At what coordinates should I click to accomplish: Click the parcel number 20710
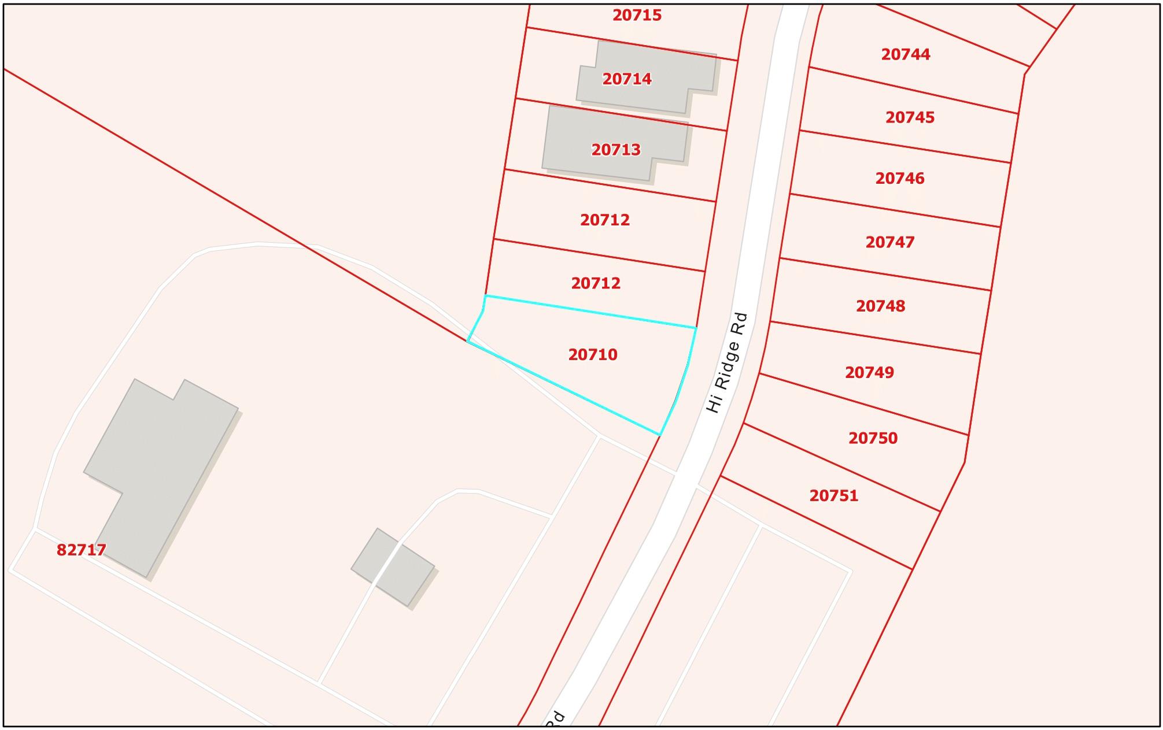(x=593, y=354)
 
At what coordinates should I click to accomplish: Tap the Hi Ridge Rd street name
(x=727, y=363)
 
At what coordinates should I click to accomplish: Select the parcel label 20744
(x=906, y=54)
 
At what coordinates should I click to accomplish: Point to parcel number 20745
(x=910, y=117)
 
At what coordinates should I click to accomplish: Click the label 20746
(x=900, y=178)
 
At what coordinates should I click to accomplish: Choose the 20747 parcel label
(x=890, y=242)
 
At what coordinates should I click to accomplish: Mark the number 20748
(x=880, y=306)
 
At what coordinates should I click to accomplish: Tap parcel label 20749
(x=869, y=372)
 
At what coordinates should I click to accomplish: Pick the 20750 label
(x=873, y=438)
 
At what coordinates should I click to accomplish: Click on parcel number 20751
(x=833, y=495)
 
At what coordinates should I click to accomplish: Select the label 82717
(x=81, y=550)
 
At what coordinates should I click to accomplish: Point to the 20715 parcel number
(x=637, y=15)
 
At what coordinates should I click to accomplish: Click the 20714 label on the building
(x=627, y=79)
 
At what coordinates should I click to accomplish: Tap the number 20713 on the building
(x=616, y=150)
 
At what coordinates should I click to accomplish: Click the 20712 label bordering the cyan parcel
(x=596, y=283)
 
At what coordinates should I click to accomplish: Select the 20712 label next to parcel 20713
(x=604, y=220)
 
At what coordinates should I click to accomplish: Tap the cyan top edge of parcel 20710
(x=590, y=312)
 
